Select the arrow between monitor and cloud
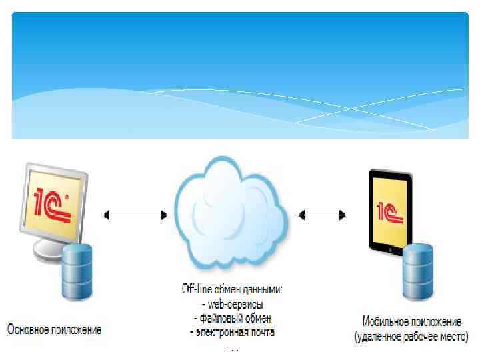pos(135,215)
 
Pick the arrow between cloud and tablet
pos(323,215)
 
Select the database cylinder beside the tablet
pos(419,271)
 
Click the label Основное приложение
pos(55,329)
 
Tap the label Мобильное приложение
pos(411,321)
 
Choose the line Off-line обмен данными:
pos(233,289)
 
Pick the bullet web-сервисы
pos(232,304)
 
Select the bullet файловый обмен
pos(232,317)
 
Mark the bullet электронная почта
pos(232,331)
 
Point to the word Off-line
pos(198,289)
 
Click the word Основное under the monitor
pos(31,329)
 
